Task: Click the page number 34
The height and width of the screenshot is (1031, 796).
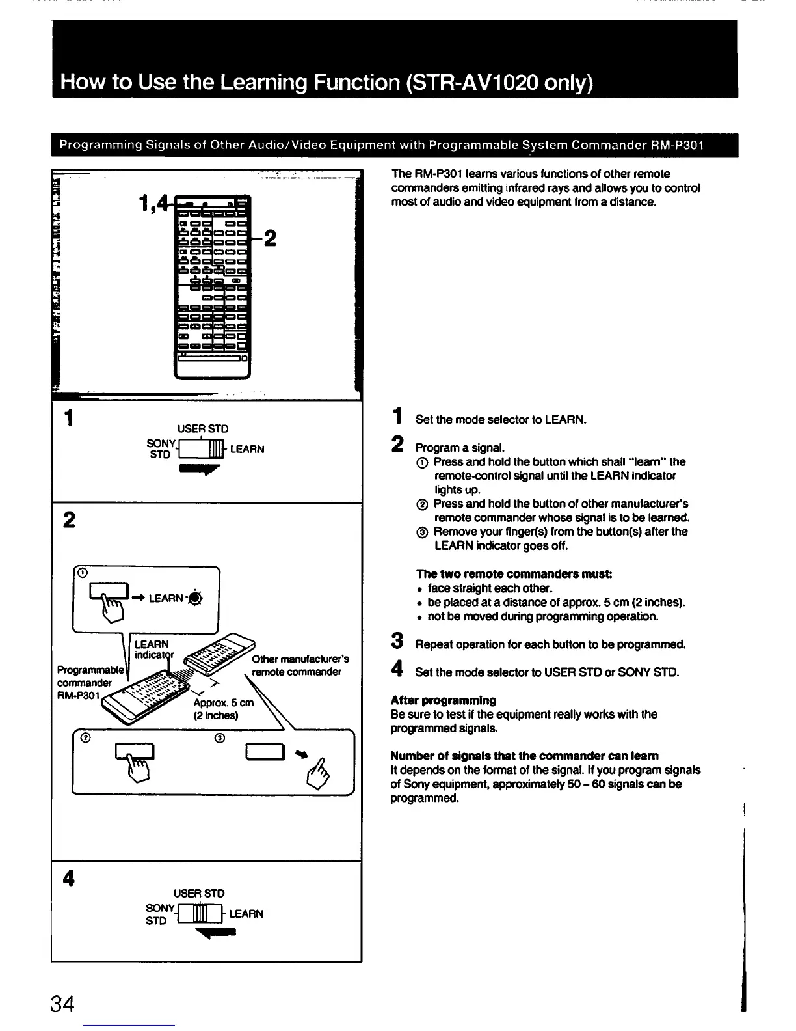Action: [x=62, y=1004]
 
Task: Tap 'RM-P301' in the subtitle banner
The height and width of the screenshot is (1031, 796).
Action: [x=677, y=144]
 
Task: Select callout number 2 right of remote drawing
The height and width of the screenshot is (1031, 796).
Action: [x=269, y=238]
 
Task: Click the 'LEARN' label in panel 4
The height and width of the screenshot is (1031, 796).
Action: [x=246, y=914]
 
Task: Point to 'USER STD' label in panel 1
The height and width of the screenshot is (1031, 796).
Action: [x=203, y=429]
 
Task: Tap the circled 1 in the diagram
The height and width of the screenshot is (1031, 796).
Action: [x=82, y=573]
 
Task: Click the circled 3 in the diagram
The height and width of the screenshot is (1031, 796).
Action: [x=219, y=738]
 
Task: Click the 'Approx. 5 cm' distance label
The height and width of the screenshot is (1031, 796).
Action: [x=223, y=703]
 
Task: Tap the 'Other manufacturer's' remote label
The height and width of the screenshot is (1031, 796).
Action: [x=300, y=659]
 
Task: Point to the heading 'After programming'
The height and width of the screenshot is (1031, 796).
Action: [x=443, y=700]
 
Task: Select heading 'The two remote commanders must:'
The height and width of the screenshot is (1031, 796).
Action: [x=514, y=574]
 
